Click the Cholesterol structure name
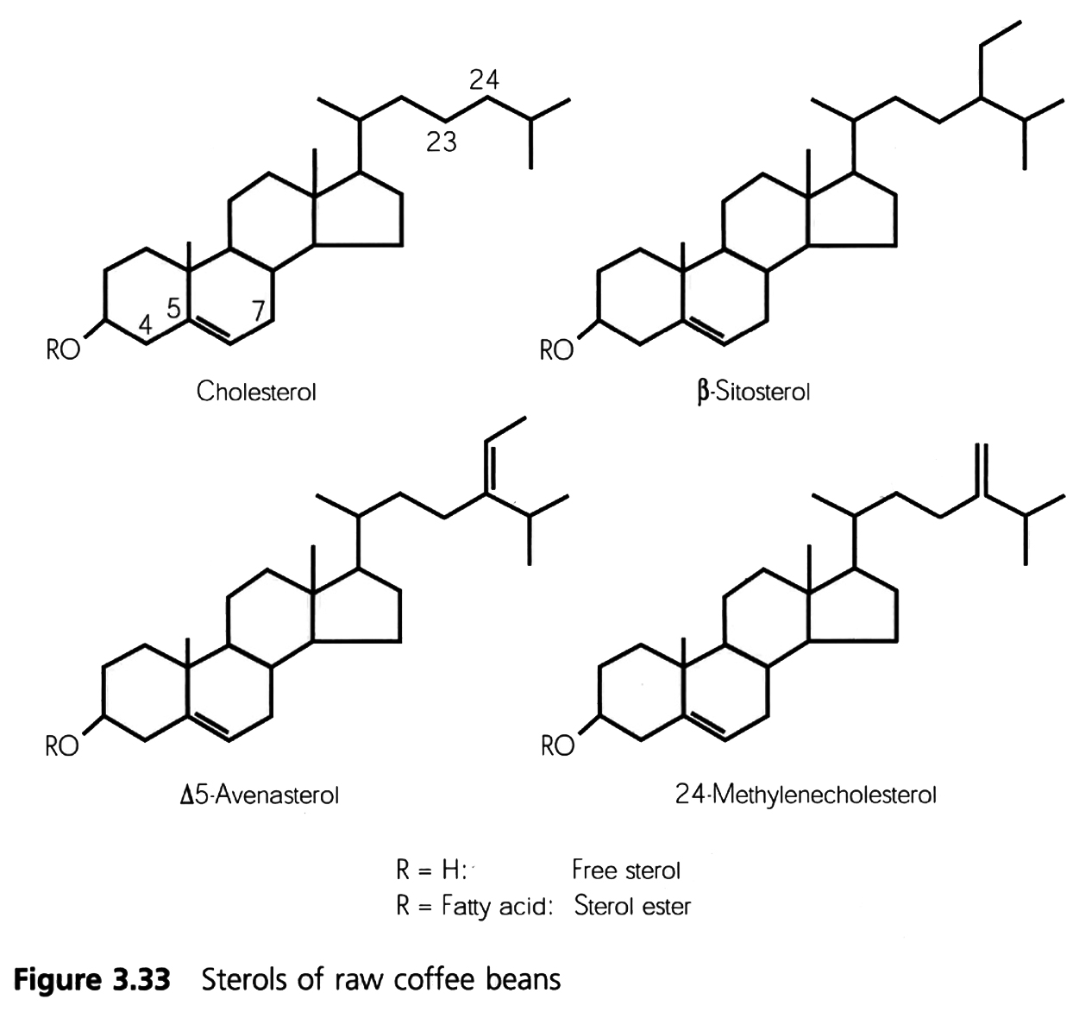pyautogui.click(x=256, y=392)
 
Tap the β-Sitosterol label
pyautogui.click(x=752, y=393)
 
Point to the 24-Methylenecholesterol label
pyautogui.click(x=806, y=794)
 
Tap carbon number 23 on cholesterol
pyautogui.click(x=442, y=141)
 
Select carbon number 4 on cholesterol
pyautogui.click(x=146, y=324)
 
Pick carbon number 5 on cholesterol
pyautogui.click(x=173, y=308)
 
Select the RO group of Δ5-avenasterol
pyautogui.click(x=62, y=746)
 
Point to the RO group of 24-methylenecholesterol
pyautogui.click(x=557, y=746)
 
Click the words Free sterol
pyautogui.click(x=625, y=870)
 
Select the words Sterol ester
pyautogui.click(x=631, y=907)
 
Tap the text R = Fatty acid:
pyautogui.click(x=474, y=907)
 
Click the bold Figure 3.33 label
pyautogui.click(x=94, y=980)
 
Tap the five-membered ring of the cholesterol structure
pyautogui.click(x=362, y=216)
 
